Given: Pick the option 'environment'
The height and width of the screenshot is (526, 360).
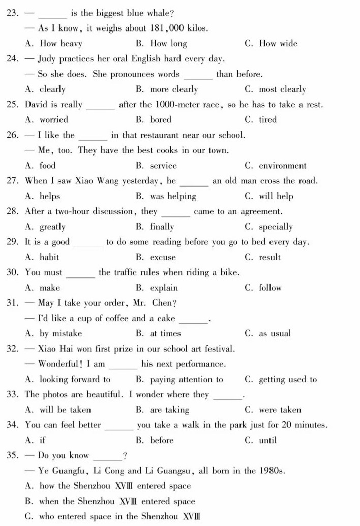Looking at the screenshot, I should pyautogui.click(x=282, y=166).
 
